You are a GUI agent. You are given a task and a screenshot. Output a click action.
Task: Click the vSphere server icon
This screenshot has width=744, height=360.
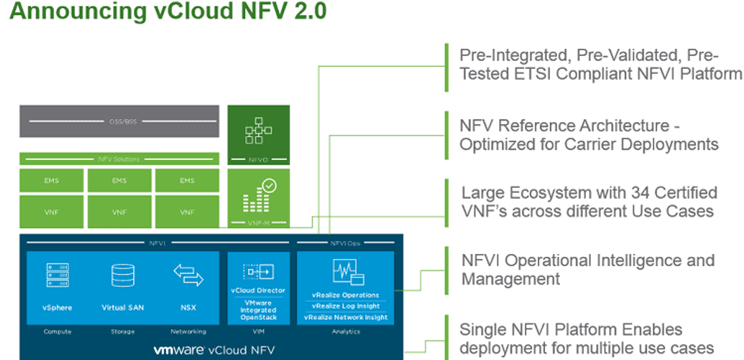[57, 275]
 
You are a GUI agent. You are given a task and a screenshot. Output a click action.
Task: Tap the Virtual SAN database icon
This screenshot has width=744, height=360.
[122, 275]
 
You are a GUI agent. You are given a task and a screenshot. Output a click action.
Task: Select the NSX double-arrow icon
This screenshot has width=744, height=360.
[188, 275]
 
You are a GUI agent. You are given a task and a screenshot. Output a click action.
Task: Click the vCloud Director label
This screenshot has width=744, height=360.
[258, 290]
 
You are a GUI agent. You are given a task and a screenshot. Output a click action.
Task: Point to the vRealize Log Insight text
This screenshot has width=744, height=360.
[345, 306]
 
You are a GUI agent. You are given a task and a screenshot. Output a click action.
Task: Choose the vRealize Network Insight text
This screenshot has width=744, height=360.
[345, 317]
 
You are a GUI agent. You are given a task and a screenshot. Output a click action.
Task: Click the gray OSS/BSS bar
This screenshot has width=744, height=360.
[119, 121]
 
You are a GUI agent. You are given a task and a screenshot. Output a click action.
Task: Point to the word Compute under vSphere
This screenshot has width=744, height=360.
[57, 332]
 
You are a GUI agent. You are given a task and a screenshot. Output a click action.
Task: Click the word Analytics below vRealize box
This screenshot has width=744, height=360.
[345, 332]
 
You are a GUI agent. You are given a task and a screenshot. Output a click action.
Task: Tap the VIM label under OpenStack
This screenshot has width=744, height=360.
[258, 332]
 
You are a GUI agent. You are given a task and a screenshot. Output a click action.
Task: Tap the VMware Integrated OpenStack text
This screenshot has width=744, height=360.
[258, 310]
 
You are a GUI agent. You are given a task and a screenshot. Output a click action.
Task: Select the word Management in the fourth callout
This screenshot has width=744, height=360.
[510, 279]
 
